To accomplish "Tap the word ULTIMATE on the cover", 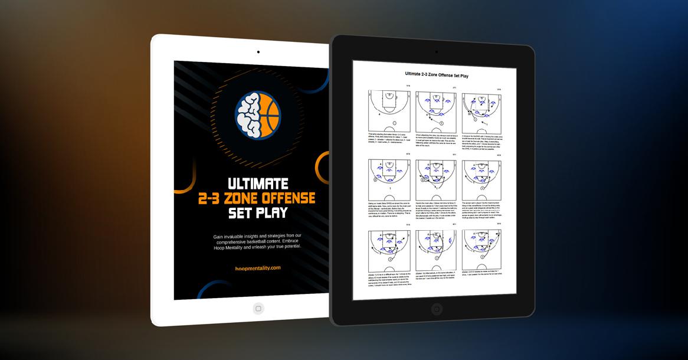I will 257,183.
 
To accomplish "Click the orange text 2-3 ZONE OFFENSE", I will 257,198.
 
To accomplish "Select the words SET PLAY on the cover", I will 257,212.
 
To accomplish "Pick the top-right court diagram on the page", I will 481,110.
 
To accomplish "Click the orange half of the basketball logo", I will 269,114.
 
